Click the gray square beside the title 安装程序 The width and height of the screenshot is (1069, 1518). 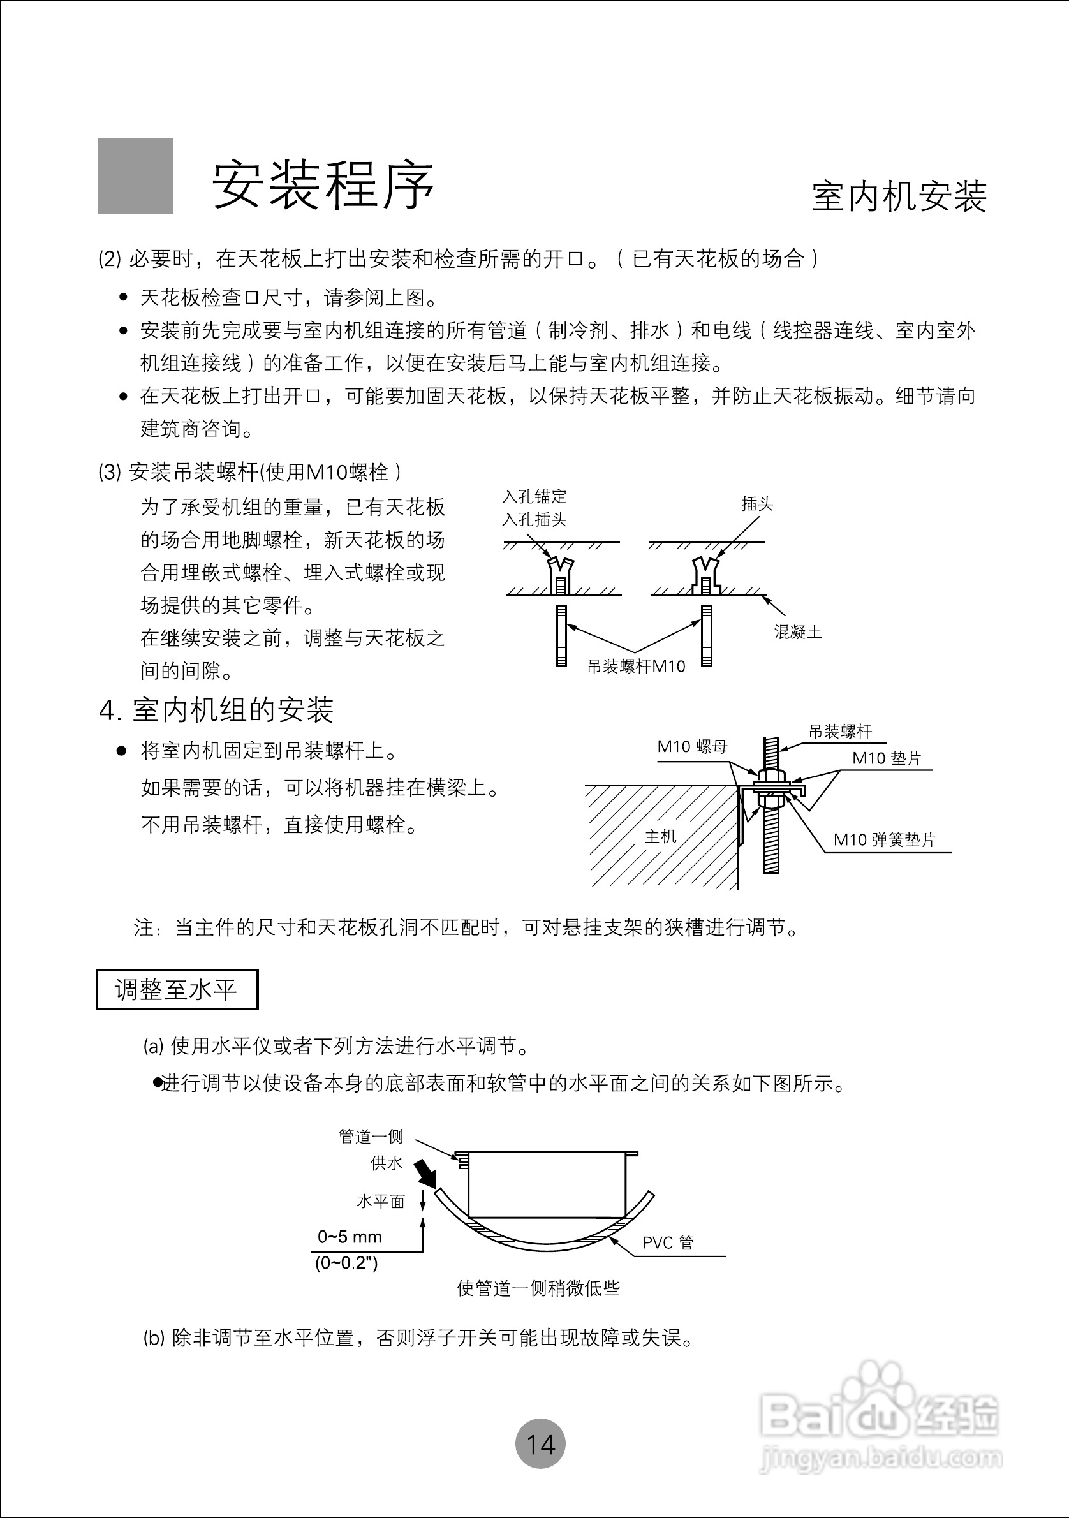click(x=135, y=176)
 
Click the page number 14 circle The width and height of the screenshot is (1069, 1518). click(x=540, y=1443)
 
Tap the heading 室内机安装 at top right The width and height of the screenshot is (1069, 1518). click(x=899, y=196)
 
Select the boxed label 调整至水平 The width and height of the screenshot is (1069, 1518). click(x=177, y=990)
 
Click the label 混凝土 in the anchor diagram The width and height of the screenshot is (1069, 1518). click(x=797, y=632)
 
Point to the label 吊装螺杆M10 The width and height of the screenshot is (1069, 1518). click(x=636, y=667)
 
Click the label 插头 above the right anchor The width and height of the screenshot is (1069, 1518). click(x=757, y=505)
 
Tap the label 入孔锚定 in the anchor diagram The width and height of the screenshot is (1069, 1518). click(x=534, y=496)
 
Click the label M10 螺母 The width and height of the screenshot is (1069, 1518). click(x=691, y=747)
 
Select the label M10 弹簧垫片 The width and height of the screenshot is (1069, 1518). click(x=884, y=839)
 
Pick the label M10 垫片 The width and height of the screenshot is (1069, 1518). click(x=886, y=758)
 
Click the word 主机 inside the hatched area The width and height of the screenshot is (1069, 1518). click(x=660, y=836)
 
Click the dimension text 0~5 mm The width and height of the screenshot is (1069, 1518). click(x=350, y=1236)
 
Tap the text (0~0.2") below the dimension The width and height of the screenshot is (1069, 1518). click(x=346, y=1263)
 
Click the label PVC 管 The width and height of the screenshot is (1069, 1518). click(x=668, y=1243)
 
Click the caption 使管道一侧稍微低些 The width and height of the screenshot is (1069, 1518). click(x=538, y=1288)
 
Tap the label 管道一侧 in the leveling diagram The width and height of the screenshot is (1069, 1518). click(x=371, y=1137)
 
